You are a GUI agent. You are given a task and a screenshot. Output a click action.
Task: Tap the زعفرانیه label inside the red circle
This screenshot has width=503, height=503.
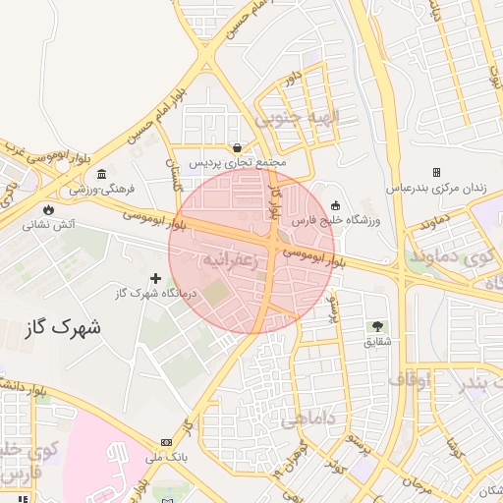(229, 260)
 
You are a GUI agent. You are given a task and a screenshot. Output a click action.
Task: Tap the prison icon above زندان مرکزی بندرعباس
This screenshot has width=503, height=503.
(437, 172)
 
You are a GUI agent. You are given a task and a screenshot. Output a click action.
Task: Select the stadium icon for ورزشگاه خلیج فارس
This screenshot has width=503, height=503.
(336, 205)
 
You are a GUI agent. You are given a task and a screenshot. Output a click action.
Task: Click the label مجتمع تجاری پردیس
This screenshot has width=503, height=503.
(237, 161)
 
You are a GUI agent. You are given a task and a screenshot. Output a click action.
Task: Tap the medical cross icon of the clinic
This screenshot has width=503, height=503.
(155, 278)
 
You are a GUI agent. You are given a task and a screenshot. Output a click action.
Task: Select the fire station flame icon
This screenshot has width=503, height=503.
(48, 209)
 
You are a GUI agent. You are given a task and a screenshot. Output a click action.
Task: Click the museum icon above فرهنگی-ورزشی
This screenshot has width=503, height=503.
(102, 174)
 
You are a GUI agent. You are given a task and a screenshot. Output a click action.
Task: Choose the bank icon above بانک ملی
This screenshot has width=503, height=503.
(165, 441)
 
